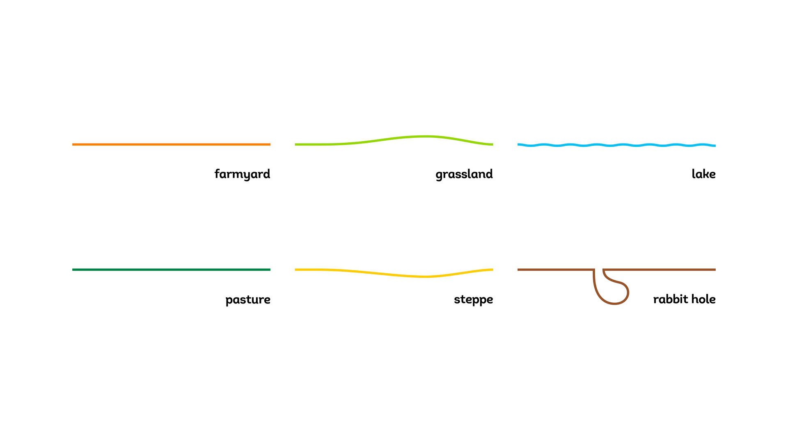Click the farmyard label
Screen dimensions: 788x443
(242, 174)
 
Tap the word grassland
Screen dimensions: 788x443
(464, 174)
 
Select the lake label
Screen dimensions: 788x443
(703, 174)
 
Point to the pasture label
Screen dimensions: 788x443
(248, 300)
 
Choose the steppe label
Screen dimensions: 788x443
(473, 300)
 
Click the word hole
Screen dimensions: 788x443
(703, 299)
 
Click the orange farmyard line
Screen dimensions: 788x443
(171, 144)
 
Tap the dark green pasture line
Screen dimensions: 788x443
(171, 269)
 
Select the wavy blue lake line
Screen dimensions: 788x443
(616, 145)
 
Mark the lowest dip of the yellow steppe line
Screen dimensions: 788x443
(426, 277)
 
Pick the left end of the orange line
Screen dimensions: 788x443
(73, 144)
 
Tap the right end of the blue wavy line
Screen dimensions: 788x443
(715, 146)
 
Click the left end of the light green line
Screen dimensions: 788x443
(295, 144)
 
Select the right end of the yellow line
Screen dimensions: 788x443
(492, 269)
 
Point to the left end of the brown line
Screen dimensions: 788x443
(518, 269)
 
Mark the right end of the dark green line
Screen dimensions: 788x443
(270, 269)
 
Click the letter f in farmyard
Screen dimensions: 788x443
(217, 174)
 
